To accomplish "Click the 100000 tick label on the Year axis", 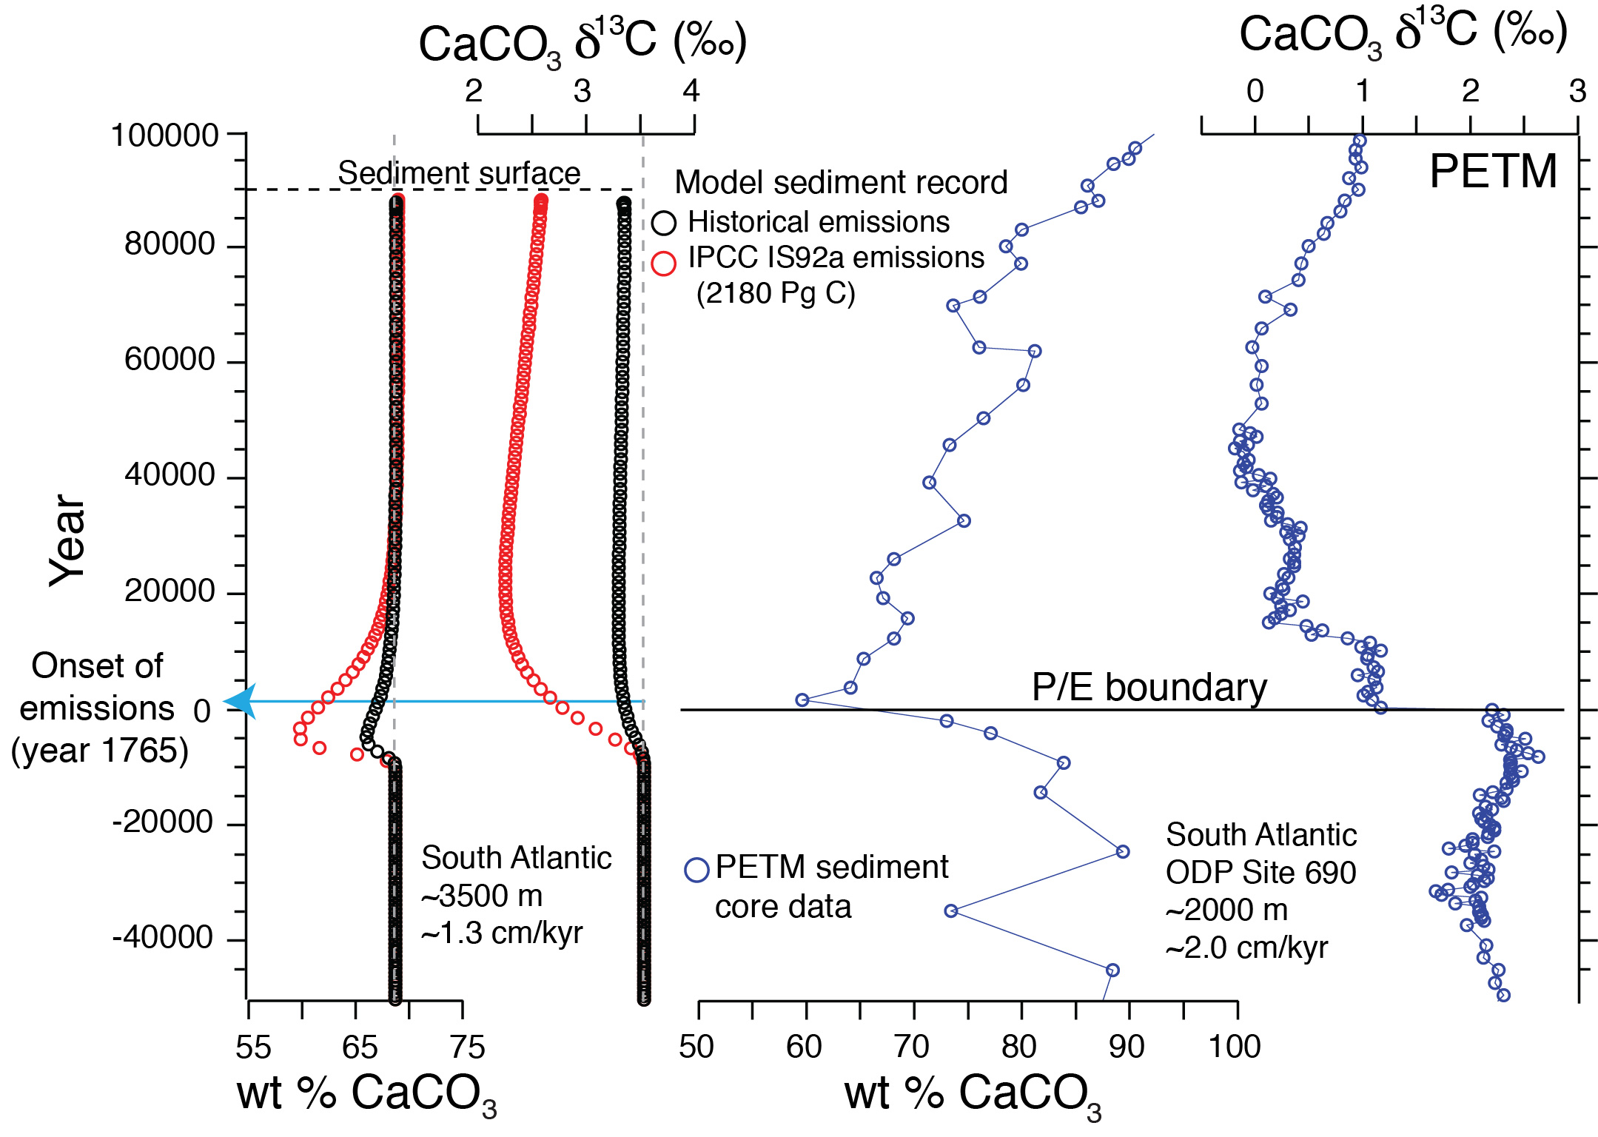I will point(164,136).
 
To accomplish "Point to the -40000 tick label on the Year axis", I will point(163,938).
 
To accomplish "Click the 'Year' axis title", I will point(67,540).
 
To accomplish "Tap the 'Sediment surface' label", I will point(459,173).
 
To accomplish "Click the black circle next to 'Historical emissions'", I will point(664,223).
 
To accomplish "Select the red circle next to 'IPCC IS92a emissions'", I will point(664,263).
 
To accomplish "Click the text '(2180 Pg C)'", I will point(776,293).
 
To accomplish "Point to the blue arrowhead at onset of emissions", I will point(241,701).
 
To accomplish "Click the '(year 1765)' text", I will point(100,751).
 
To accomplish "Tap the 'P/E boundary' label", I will point(1149,688).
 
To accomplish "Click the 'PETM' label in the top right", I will point(1493,172).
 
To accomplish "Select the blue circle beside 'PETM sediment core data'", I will point(696,870).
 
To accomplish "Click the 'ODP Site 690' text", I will point(1260,873).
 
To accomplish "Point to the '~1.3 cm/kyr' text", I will point(502,933).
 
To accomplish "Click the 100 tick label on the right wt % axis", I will point(1235,1047).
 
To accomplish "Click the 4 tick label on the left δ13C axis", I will point(691,91).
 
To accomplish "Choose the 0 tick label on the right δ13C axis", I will point(1255,91).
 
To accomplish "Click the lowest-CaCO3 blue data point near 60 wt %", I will point(802,700).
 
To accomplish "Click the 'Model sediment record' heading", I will point(841,182).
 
